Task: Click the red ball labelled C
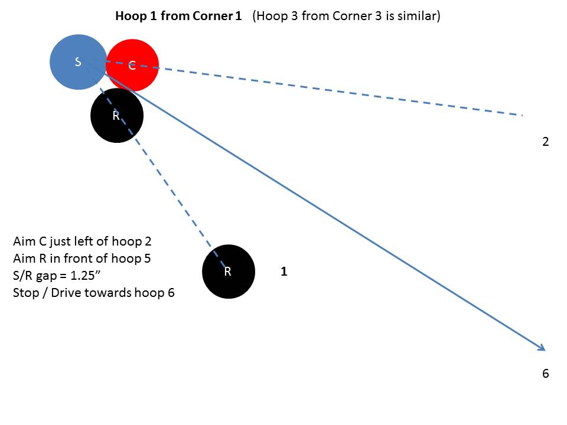(132, 66)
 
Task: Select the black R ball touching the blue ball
(117, 116)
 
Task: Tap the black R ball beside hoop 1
(229, 272)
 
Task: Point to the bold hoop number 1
(284, 272)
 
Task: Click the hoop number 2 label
(545, 142)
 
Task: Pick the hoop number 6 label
(545, 374)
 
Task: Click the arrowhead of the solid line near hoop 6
(542, 348)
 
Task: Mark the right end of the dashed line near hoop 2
(522, 115)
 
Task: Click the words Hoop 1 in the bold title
(132, 16)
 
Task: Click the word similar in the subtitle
(420, 16)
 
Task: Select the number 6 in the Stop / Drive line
(171, 292)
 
